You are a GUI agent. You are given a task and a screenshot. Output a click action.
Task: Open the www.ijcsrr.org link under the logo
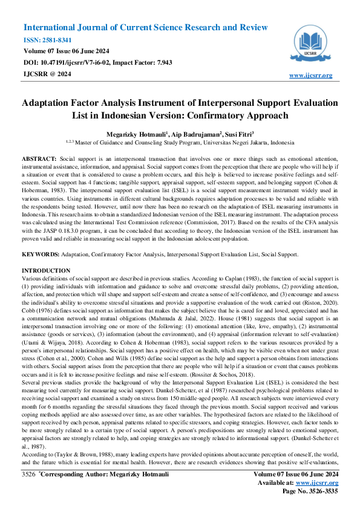click(311, 76)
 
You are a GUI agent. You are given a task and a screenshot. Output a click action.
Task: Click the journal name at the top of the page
click(145, 28)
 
